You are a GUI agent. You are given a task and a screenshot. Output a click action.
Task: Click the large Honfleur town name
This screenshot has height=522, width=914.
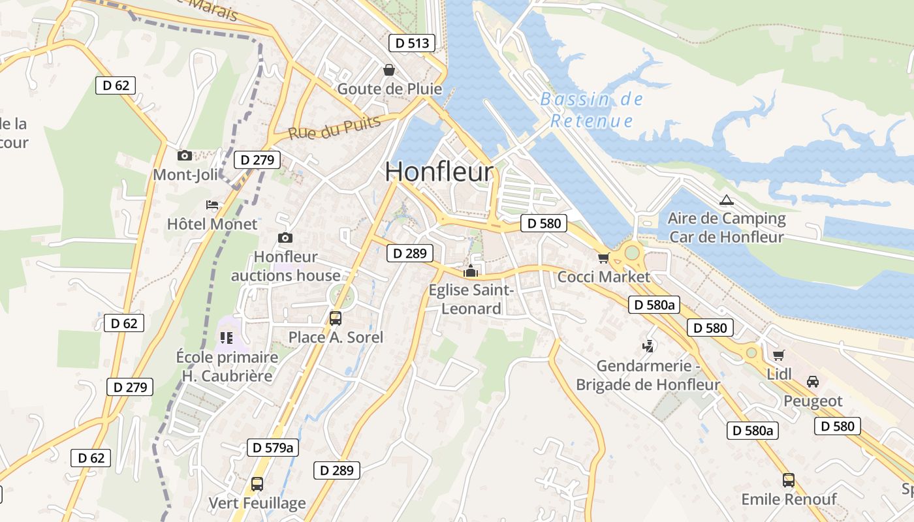(x=439, y=172)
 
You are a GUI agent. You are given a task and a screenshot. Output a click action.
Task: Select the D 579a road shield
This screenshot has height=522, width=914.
(x=274, y=448)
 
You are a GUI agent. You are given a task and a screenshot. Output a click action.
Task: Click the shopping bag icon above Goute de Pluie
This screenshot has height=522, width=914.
(x=389, y=70)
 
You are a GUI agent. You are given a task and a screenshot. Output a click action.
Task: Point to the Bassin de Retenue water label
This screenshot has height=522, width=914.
(x=591, y=110)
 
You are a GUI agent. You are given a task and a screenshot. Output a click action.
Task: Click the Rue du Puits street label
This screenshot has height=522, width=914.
(x=334, y=128)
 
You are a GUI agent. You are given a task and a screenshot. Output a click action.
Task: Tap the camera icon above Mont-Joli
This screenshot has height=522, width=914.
(x=185, y=155)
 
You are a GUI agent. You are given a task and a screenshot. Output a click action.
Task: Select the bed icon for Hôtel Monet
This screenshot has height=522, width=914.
(x=212, y=205)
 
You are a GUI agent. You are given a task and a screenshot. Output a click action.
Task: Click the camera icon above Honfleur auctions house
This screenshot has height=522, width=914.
(x=285, y=238)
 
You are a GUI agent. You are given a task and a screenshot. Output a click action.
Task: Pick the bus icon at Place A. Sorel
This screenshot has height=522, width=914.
(x=336, y=318)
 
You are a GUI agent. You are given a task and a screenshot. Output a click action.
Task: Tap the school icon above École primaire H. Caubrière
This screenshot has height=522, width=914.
(x=227, y=338)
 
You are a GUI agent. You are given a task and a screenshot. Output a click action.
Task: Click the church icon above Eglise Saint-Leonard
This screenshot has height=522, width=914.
(x=471, y=271)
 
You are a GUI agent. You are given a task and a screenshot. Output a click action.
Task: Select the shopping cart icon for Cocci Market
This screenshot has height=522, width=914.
(x=603, y=258)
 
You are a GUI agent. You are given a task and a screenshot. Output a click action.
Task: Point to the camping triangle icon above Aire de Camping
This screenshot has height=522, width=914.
(x=726, y=200)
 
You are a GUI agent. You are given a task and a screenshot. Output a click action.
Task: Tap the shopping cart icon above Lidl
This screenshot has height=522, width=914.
(x=778, y=356)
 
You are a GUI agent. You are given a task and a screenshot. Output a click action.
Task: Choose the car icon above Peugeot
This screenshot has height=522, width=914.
(x=813, y=382)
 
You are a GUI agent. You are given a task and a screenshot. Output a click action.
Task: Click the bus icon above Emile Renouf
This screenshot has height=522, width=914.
(x=789, y=480)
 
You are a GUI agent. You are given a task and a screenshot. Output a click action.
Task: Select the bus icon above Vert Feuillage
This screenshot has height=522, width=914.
(x=257, y=484)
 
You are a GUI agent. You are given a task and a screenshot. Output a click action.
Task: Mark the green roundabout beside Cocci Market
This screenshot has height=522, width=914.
(x=631, y=252)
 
